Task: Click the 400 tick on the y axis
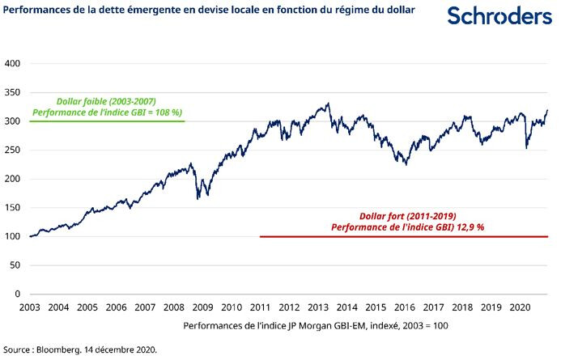(12, 63)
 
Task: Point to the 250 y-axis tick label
(12, 150)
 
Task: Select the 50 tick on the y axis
(15, 265)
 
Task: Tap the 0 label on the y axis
(17, 294)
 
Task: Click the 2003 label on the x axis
(29, 308)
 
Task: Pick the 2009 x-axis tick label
(202, 308)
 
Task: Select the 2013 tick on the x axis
(318, 308)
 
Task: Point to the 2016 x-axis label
(405, 308)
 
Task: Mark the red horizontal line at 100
(405, 237)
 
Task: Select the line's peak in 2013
(328, 104)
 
